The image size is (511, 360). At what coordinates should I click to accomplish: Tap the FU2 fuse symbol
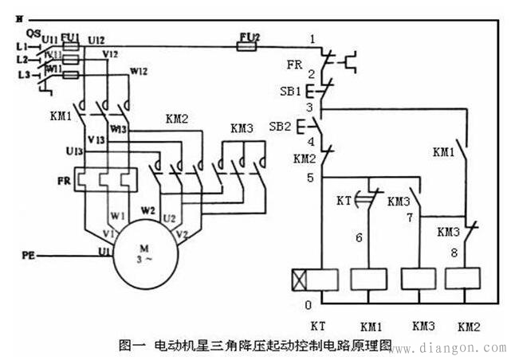[248, 47]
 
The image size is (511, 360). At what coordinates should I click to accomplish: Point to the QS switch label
[33, 33]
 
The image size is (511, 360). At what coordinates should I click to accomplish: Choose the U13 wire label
[75, 151]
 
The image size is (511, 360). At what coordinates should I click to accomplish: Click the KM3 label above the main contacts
[242, 128]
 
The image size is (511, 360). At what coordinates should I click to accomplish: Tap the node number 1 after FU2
[312, 38]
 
